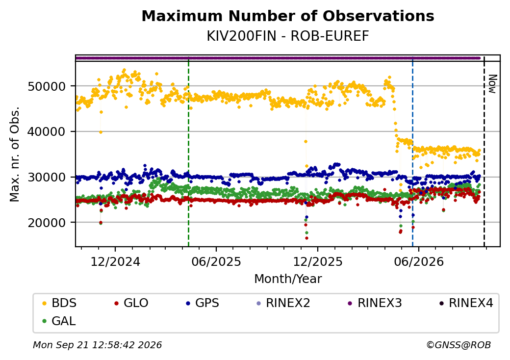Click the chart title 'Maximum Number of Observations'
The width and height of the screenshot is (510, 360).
(288, 16)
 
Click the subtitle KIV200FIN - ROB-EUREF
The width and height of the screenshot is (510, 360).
(288, 36)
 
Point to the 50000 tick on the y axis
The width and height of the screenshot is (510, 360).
(47, 86)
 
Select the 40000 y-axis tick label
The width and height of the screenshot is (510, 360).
(47, 132)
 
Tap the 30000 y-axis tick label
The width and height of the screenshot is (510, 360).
(47, 177)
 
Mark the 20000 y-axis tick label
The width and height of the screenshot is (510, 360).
(47, 223)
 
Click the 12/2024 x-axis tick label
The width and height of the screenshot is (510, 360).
(115, 261)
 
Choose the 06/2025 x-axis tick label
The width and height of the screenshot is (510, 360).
(216, 261)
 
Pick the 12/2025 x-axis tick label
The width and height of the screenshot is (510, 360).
(318, 261)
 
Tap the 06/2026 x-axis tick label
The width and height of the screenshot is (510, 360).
(419, 261)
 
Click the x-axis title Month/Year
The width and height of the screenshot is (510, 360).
(288, 279)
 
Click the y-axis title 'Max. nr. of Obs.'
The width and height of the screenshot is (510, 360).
(15, 154)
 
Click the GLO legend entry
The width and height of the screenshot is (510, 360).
(131, 303)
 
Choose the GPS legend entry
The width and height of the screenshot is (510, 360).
(203, 303)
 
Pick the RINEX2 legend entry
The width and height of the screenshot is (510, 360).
(283, 303)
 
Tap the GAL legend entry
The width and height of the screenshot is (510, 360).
(59, 321)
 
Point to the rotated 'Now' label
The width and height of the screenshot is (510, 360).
(493, 84)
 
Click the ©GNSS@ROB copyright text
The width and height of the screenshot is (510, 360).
(459, 345)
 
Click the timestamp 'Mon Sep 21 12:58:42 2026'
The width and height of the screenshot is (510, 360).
(98, 345)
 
